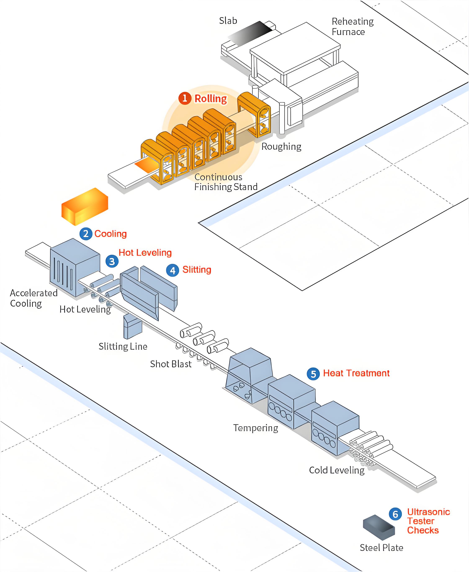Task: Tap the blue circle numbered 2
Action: click(x=86, y=233)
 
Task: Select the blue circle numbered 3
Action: click(x=112, y=261)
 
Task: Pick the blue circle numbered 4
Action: click(x=173, y=270)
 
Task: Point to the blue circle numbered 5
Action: click(x=313, y=374)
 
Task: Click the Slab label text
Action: click(x=228, y=21)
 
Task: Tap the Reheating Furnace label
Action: click(x=352, y=26)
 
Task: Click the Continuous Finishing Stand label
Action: click(x=225, y=182)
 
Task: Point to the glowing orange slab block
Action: click(x=85, y=206)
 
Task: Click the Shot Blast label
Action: click(x=171, y=364)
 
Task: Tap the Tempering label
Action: click(x=256, y=428)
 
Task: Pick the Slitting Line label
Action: click(x=123, y=346)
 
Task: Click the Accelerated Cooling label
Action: click(x=33, y=298)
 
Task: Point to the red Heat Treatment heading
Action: click(x=356, y=373)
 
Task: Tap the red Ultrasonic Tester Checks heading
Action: click(x=428, y=521)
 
